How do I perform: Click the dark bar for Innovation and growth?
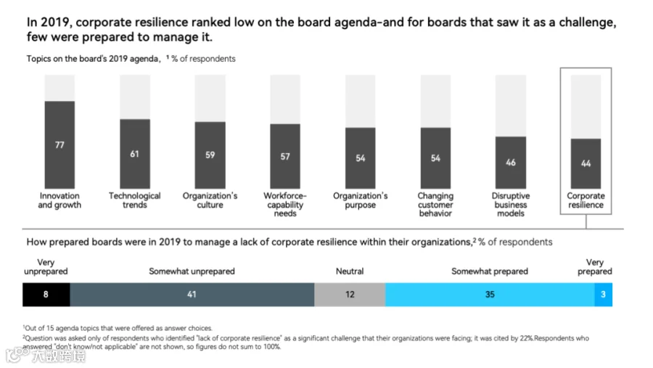point(59,144)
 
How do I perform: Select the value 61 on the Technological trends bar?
point(134,154)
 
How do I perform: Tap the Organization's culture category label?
point(210,200)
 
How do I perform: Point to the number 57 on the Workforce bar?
point(285,157)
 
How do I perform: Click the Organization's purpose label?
point(360,200)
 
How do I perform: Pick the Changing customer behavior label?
point(435,204)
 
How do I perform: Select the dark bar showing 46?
point(511,163)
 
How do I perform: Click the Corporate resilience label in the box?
point(586,200)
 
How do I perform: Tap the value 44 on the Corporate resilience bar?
point(586,163)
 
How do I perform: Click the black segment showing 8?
point(46,295)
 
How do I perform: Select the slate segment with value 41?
point(192,295)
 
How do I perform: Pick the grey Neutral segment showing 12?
point(350,295)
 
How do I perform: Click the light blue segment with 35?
point(490,295)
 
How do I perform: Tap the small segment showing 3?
point(604,295)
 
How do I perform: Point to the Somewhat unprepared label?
point(192,271)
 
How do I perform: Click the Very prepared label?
point(595,266)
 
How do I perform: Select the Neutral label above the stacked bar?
point(350,271)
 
